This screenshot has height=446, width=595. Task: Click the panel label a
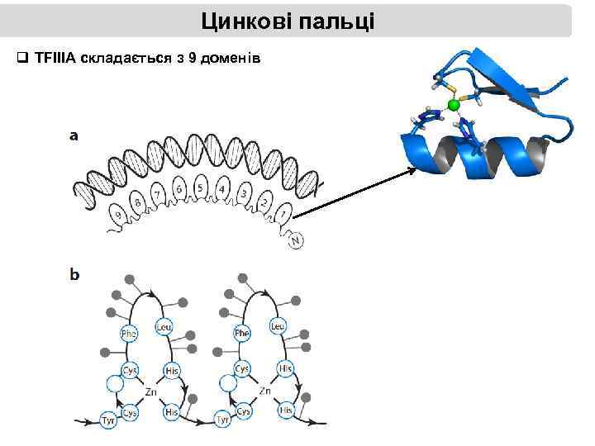click(74, 136)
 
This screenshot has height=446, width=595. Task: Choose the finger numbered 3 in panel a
click(244, 194)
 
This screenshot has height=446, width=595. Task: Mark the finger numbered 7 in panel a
click(155, 195)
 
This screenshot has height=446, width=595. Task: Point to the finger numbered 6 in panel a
click(178, 189)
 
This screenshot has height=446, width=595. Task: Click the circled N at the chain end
click(295, 240)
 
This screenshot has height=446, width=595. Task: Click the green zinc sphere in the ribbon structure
click(453, 106)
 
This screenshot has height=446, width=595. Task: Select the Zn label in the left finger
click(150, 390)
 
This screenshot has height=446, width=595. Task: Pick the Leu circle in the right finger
click(277, 327)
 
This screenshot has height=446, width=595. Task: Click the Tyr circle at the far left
click(107, 420)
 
